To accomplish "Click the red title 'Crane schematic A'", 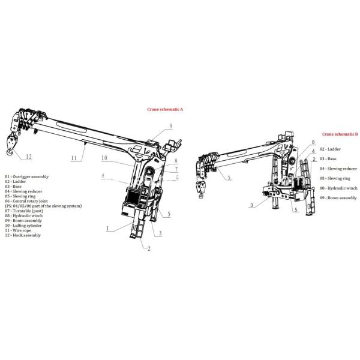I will tap(165, 110).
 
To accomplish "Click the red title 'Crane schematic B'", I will tap(340, 134).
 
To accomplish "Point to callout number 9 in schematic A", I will tap(170, 125).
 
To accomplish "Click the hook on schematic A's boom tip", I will tap(13, 143).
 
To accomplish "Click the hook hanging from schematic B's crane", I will tap(200, 192).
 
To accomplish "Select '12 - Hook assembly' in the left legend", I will tap(23, 235).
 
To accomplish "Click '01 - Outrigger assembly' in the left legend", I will tap(27, 177).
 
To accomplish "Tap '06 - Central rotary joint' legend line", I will tap(28, 201).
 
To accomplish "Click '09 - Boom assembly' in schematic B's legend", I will tap(338, 197).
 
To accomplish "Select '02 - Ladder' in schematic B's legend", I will tap(330, 149).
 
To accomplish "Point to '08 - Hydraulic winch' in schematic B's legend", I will tap(338, 188).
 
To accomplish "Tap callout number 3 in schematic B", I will tap(252, 205).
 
